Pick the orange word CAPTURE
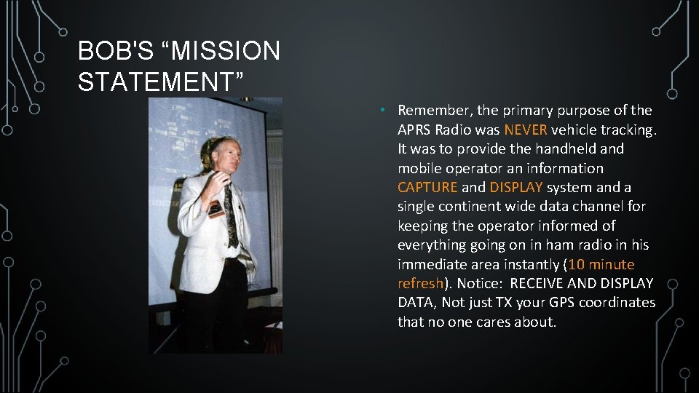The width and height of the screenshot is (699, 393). click(x=427, y=187)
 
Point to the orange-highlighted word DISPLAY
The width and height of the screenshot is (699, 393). click(x=516, y=187)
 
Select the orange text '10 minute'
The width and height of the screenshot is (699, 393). click(x=601, y=264)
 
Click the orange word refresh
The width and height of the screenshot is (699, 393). click(x=420, y=283)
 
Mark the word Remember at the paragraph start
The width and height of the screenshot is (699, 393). click(x=434, y=111)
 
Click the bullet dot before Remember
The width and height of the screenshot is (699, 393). click(x=382, y=110)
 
